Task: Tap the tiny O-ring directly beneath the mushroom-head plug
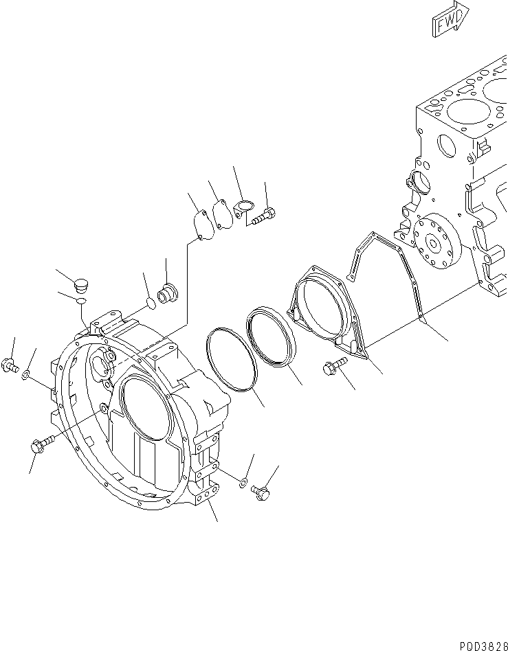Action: pyautogui.click(x=82, y=301)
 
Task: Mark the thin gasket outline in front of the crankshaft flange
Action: pyautogui.click(x=385, y=275)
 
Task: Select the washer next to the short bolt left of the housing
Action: pyautogui.click(x=25, y=375)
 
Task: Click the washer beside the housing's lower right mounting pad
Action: pyautogui.click(x=242, y=483)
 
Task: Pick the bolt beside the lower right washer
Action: pyautogui.click(x=260, y=491)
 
